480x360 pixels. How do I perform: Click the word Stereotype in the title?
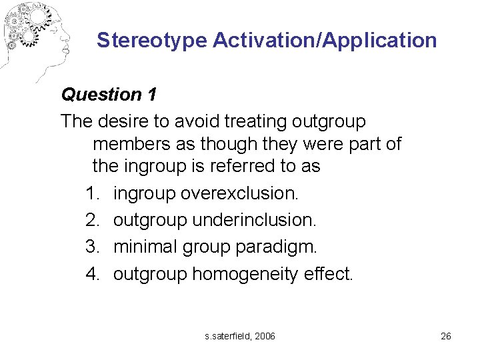pos(152,41)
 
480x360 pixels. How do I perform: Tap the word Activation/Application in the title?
pos(325,41)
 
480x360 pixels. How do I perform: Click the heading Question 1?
pos(109,95)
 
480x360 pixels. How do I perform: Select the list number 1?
pos(92,194)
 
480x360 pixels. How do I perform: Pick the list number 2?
pos(92,221)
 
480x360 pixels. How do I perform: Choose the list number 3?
pos(92,247)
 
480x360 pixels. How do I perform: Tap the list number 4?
pos(92,273)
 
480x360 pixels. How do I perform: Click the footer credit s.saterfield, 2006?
pos(240,336)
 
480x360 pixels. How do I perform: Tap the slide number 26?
pos(446,336)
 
